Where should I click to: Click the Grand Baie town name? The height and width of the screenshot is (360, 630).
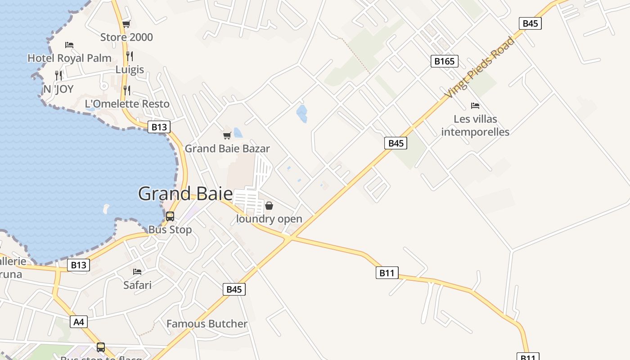[185, 193]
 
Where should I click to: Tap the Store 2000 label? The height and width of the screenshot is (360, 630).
[126, 37]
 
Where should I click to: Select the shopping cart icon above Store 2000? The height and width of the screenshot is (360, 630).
[126, 24]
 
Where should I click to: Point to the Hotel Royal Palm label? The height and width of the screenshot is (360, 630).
[69, 58]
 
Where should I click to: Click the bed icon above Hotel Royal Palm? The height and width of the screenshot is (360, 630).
[69, 45]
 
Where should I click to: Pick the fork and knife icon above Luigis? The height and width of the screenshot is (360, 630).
[130, 56]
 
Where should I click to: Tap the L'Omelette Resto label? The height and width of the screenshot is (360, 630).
[127, 104]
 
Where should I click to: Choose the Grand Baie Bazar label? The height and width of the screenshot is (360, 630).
[227, 148]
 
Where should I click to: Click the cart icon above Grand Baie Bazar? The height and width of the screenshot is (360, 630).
[227, 135]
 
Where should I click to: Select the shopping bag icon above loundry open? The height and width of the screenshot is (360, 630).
[269, 206]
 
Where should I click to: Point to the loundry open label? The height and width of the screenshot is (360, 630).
[269, 219]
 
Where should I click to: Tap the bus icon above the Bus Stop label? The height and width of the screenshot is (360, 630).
[170, 216]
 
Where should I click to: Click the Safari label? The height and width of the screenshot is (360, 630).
[137, 285]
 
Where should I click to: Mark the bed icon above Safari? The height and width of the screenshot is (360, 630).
[137, 272]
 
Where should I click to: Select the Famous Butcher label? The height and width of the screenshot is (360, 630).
[207, 324]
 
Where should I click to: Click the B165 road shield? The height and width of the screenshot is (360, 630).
[445, 61]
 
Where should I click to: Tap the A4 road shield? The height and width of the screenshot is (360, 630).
[79, 322]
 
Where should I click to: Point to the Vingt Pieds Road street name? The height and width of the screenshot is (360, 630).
[479, 67]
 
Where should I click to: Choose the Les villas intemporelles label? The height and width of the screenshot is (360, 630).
[475, 126]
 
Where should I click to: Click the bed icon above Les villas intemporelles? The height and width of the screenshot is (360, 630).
[475, 106]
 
